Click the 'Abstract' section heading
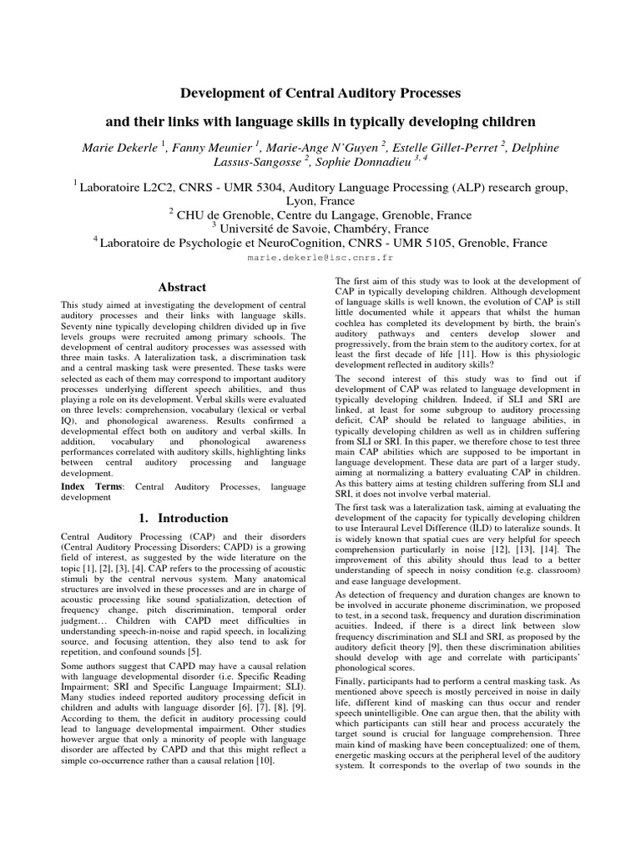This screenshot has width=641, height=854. pyautogui.click(x=182, y=288)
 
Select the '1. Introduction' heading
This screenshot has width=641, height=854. pyautogui.click(x=182, y=518)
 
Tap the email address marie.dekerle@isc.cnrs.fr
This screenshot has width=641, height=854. pyautogui.click(x=320, y=259)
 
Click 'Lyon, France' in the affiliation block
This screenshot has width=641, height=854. pyautogui.click(x=320, y=202)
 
